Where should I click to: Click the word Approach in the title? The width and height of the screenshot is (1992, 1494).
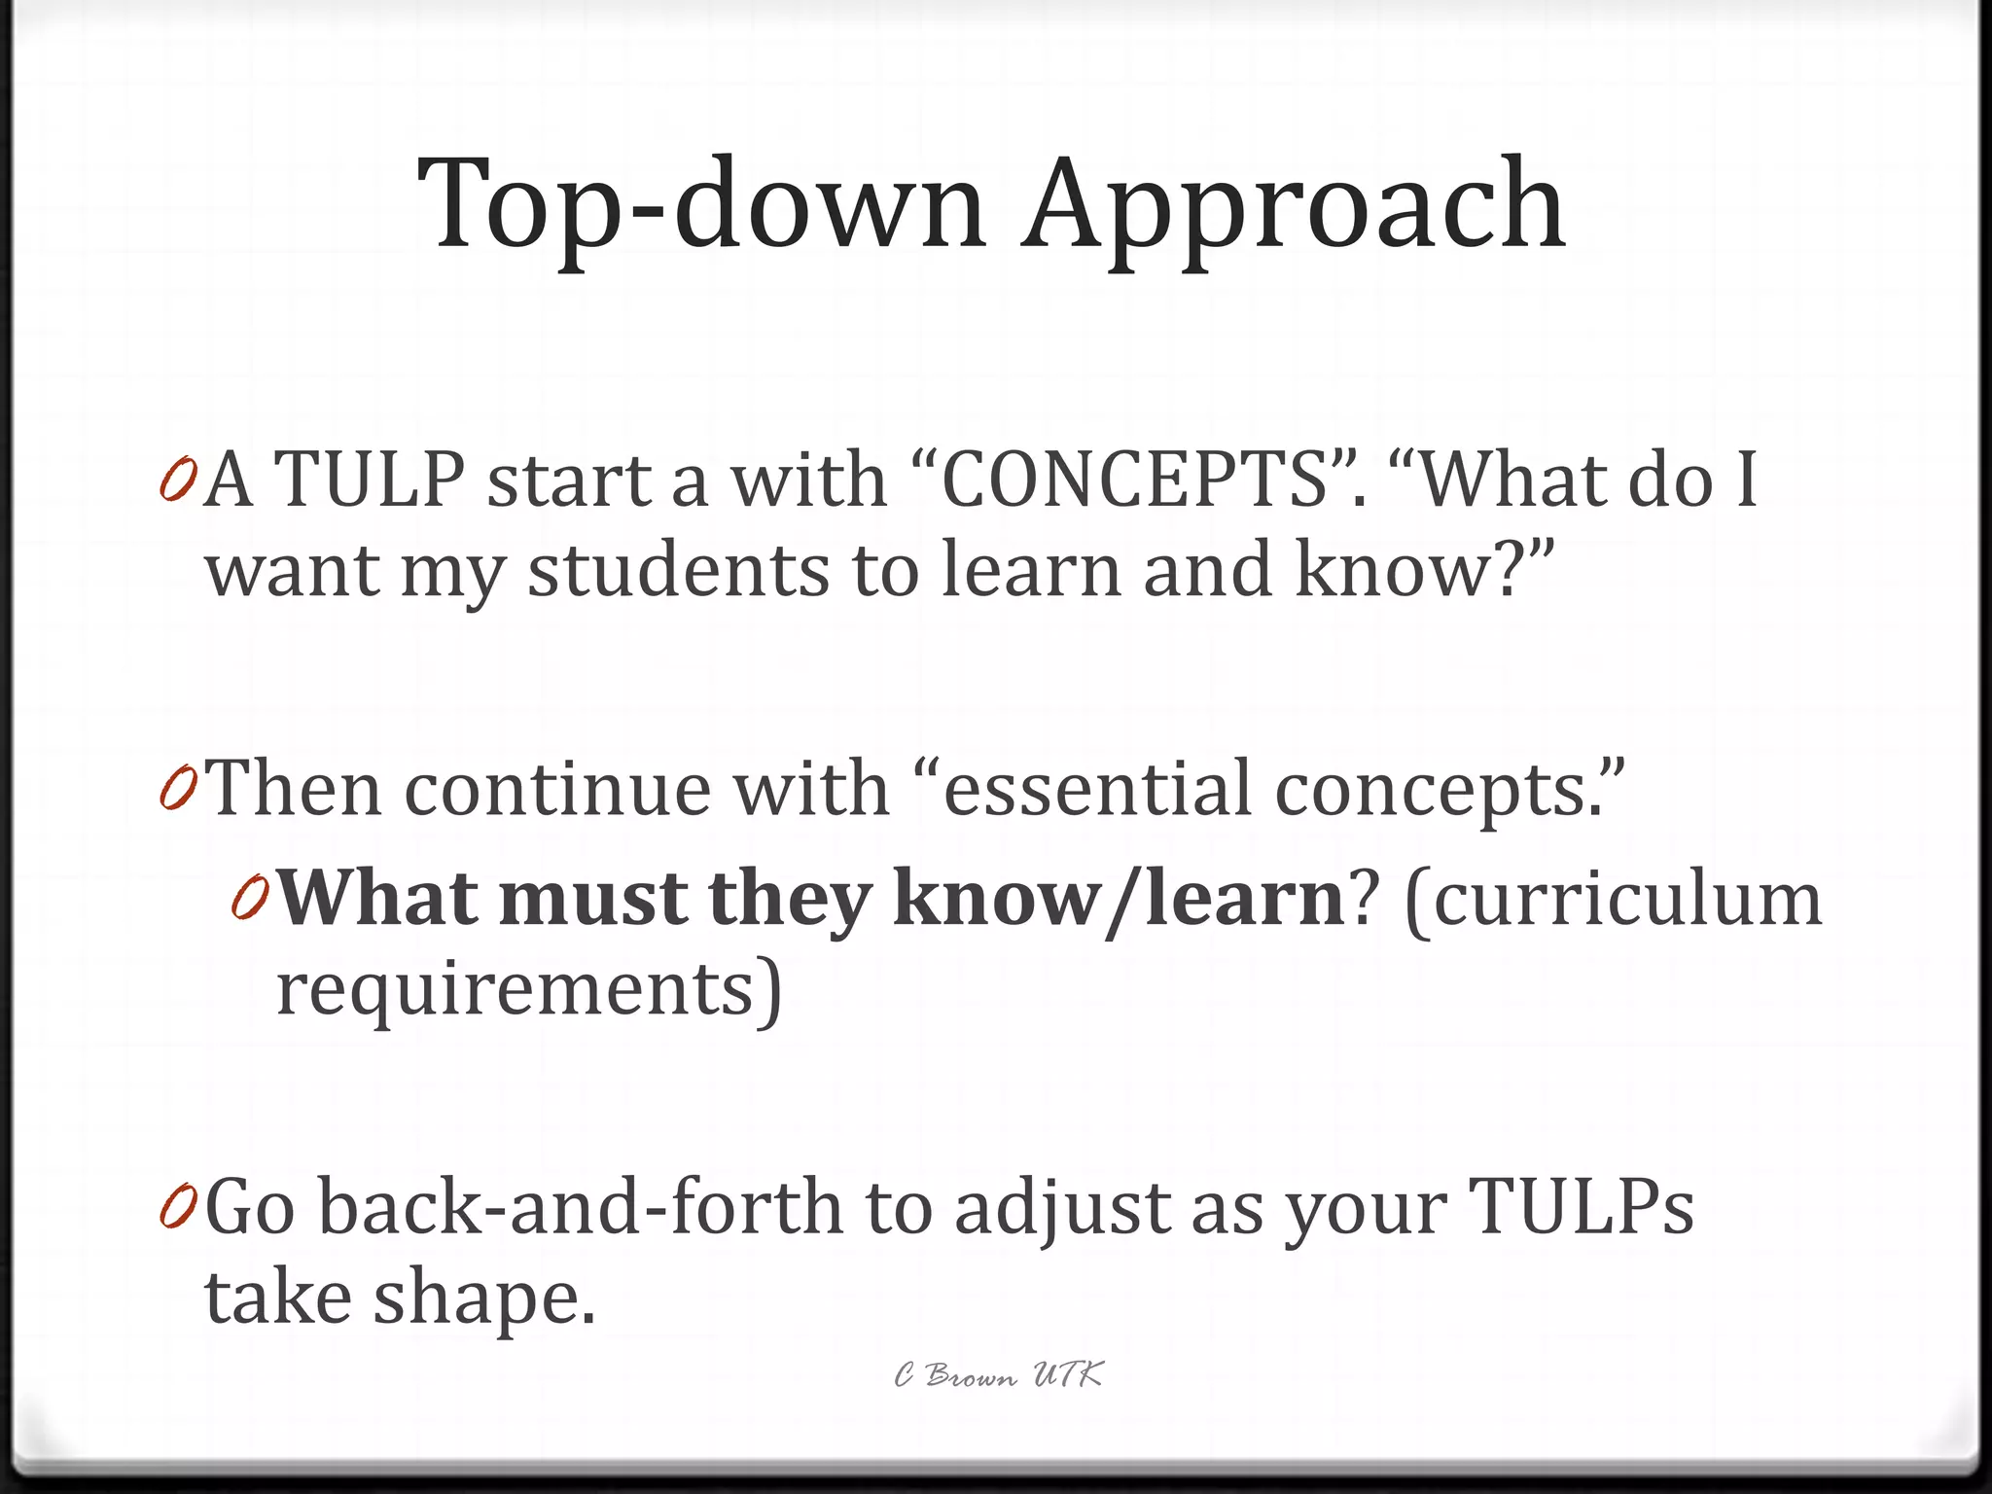[x=1294, y=207]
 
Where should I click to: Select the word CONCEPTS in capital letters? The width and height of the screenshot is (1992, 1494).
[x=1137, y=480]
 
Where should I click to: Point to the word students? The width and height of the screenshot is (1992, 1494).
[x=679, y=571]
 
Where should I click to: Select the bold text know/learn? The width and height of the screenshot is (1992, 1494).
[x=1119, y=900]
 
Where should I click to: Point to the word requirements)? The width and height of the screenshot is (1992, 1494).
[x=529, y=990]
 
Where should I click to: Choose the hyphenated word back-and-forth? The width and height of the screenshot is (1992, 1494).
[x=581, y=1207]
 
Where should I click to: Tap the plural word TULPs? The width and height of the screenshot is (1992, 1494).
[x=1582, y=1207]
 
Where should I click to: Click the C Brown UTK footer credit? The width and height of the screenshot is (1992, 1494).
[x=999, y=1375]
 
